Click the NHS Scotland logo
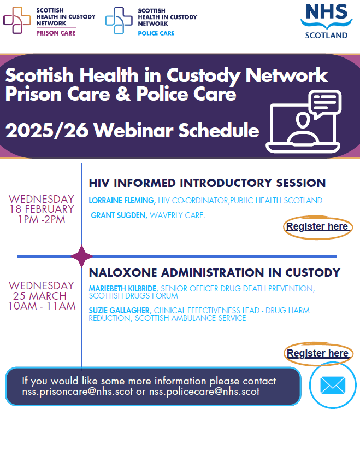326,21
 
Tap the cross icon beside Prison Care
17,20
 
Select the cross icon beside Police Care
119,20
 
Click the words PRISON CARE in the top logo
56,33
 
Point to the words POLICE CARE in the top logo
156,33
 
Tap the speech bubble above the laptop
326,103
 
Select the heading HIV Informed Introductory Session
207,183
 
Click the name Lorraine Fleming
122,201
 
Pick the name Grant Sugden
119,215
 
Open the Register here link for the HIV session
317,226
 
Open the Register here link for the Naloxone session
318,353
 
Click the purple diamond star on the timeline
81,256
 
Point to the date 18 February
42,209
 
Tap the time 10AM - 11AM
42,306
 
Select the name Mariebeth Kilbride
122,289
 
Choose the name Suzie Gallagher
120,311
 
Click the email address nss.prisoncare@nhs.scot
78,392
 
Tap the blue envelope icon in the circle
333,385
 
